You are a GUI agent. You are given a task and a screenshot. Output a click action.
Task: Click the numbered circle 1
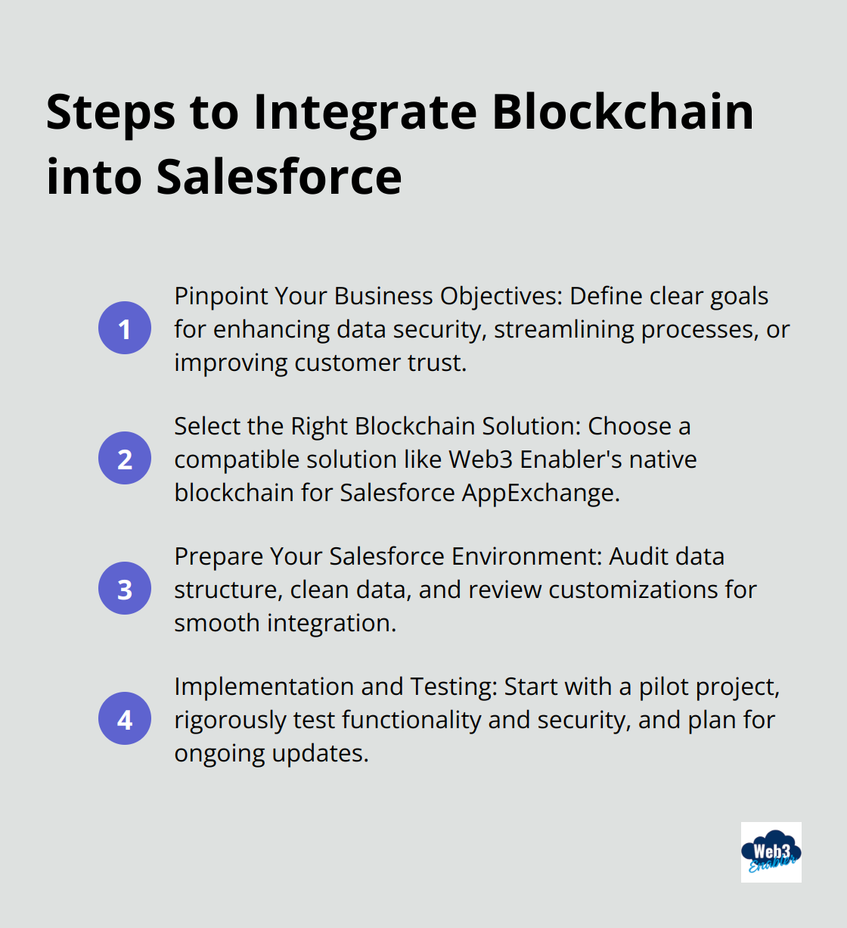[125, 329]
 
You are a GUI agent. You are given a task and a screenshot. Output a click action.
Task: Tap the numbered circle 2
[125, 459]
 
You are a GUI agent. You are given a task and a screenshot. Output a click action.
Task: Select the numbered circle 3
[125, 589]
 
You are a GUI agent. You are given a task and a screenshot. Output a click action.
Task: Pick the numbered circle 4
[125, 719]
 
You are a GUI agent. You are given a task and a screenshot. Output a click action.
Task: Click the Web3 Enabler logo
[771, 852]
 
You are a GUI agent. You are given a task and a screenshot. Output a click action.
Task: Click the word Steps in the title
[110, 112]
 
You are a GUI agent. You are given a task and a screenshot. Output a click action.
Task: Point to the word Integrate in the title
[365, 112]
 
